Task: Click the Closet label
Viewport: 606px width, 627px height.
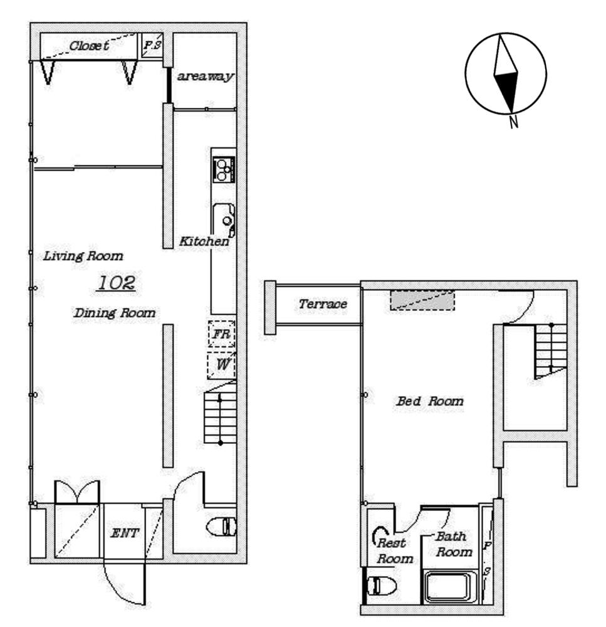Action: [x=89, y=46]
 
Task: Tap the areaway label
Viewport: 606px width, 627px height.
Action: [x=205, y=76]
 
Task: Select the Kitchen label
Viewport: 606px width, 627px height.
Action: [x=204, y=241]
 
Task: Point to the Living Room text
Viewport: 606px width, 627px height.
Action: [x=83, y=256]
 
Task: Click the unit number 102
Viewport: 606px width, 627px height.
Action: [x=117, y=283]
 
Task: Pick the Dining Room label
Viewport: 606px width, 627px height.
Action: [x=114, y=313]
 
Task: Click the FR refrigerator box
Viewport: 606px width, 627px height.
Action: [x=221, y=334]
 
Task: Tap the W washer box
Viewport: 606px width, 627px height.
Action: [x=221, y=365]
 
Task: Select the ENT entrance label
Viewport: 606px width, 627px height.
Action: [x=124, y=533]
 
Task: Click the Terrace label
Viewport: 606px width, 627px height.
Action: [x=323, y=304]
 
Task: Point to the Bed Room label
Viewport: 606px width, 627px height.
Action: [x=430, y=401]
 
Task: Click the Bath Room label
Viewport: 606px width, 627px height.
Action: [x=454, y=544]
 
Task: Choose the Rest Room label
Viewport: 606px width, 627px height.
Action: [x=394, y=551]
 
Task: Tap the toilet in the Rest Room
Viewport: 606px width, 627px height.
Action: [x=382, y=586]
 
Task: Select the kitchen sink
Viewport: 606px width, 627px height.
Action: [x=224, y=220]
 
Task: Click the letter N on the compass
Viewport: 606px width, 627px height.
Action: [x=514, y=122]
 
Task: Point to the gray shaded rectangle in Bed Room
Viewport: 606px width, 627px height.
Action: [x=422, y=300]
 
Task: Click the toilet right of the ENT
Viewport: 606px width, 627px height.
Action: [x=221, y=527]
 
